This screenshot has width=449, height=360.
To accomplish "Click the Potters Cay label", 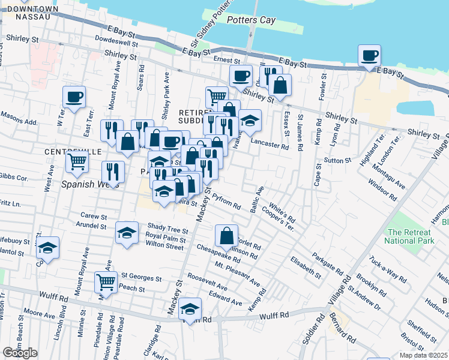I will (x=252, y=20).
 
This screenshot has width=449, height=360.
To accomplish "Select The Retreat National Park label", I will (x=411, y=237).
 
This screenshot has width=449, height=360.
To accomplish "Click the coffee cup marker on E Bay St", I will (x=369, y=56).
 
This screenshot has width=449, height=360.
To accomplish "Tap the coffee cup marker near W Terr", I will (x=74, y=97).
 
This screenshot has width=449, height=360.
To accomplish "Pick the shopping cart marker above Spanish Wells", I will (x=77, y=161).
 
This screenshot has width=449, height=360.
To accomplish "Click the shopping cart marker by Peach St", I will (x=106, y=282).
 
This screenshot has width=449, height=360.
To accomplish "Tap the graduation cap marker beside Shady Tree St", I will (x=127, y=233).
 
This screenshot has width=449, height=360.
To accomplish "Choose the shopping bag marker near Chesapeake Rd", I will (x=227, y=236).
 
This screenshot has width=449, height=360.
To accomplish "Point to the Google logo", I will (x=20, y=352).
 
